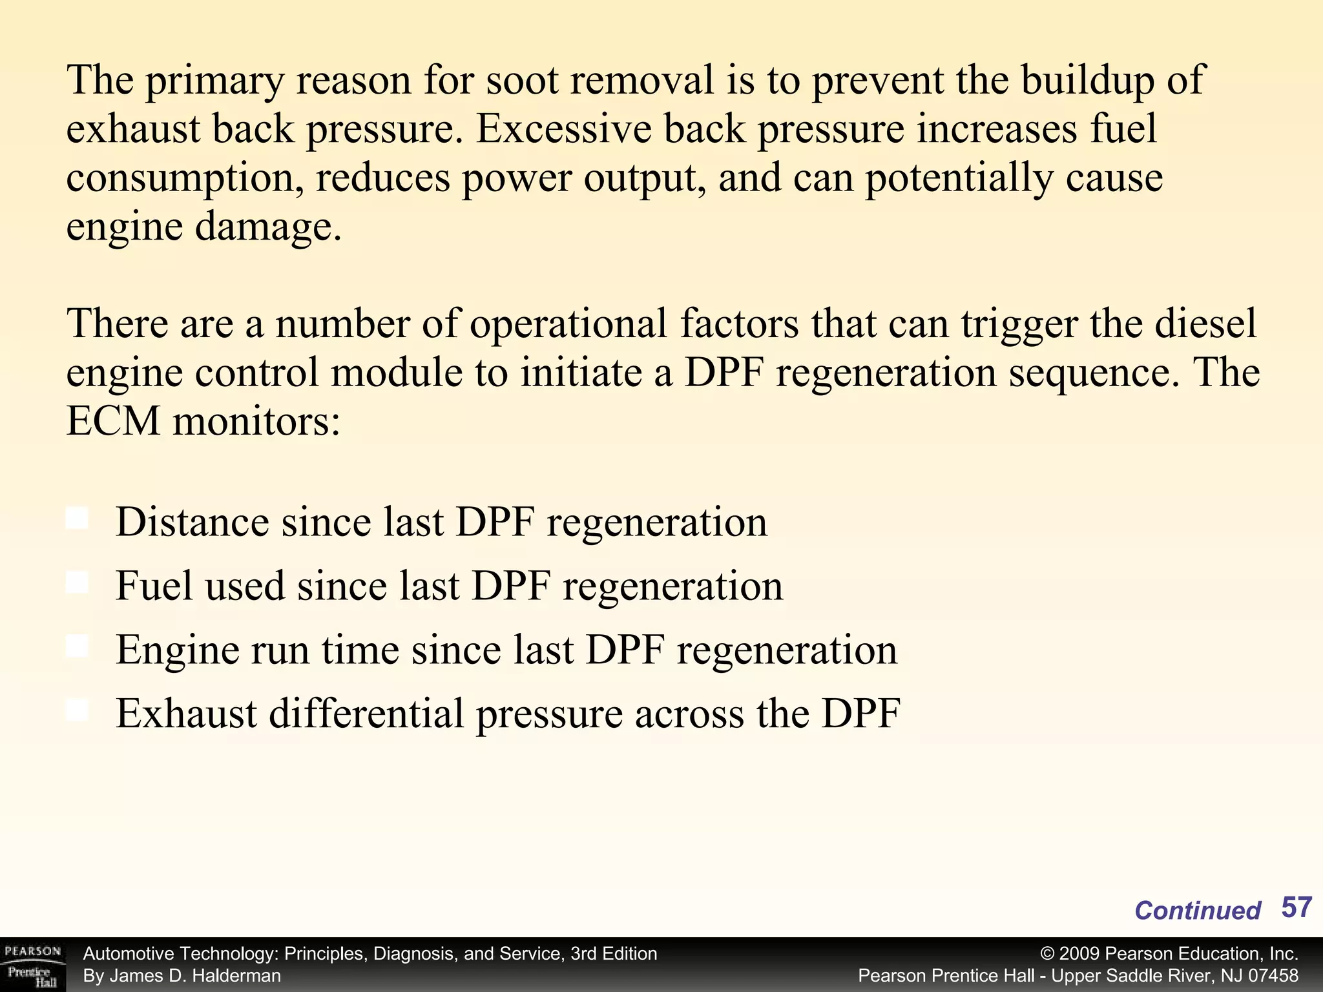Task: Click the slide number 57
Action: coord(1296,907)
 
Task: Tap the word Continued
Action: coord(1197,911)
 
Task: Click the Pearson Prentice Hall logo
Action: coord(32,965)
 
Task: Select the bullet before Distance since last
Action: coord(78,519)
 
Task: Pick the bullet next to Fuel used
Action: coord(78,583)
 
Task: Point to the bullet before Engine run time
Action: coord(78,646)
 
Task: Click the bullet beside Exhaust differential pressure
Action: coord(78,710)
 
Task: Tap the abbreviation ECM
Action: coord(113,422)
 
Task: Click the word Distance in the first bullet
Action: coord(192,522)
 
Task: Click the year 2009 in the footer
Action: coord(1079,954)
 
